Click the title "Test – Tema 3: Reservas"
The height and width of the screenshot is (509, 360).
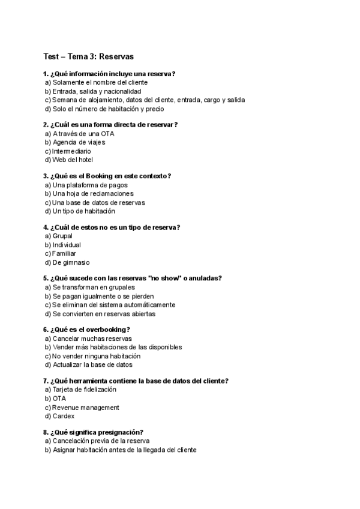(x=88, y=56)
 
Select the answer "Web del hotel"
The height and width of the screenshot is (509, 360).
(x=73, y=160)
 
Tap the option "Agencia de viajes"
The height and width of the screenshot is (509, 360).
(x=79, y=142)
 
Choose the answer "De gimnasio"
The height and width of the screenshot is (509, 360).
(x=74, y=262)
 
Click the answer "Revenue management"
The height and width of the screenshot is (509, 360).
(x=86, y=408)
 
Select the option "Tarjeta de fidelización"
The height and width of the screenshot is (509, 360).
(x=84, y=390)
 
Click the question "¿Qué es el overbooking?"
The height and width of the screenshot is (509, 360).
(x=91, y=330)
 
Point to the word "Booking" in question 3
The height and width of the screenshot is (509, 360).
(x=101, y=176)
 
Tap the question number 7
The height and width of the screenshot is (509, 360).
(x=46, y=381)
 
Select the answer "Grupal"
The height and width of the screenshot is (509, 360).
(x=62, y=236)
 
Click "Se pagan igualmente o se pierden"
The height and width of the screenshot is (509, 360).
(x=103, y=296)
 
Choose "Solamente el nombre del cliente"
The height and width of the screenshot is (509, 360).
(x=100, y=82)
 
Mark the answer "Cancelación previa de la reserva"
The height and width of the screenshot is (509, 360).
(x=101, y=441)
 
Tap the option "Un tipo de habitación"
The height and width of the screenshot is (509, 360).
(x=83, y=211)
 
